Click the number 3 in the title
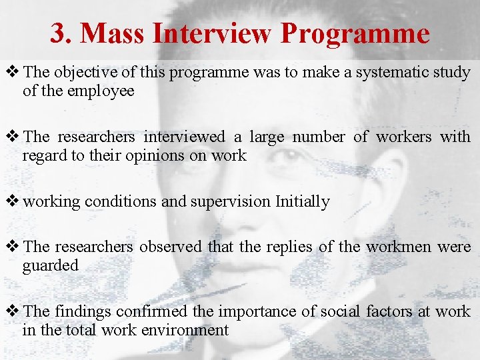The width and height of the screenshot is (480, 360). pos(58,33)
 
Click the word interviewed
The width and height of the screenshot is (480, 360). pos(184,137)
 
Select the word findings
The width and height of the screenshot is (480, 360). pos(84,312)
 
